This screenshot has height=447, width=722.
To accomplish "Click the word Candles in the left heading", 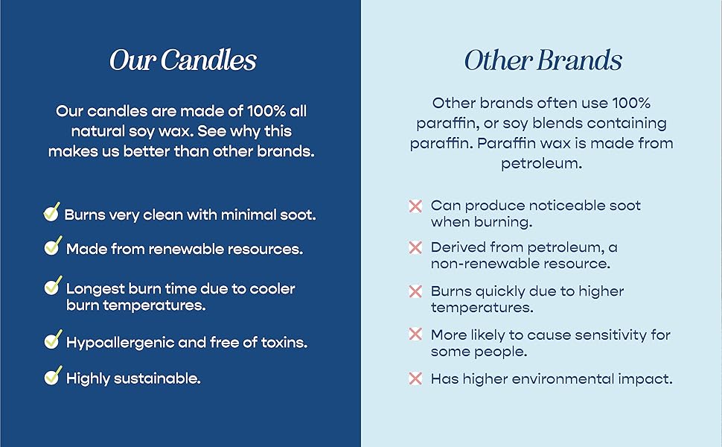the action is [208, 60].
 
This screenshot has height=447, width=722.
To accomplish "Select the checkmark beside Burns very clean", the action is [51, 212].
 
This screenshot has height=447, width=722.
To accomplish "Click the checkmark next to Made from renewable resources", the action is [53, 246].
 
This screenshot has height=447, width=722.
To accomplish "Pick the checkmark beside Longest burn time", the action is [53, 286].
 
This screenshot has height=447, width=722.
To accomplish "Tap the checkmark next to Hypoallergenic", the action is [53, 339].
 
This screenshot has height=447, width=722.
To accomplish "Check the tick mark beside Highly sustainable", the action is [53, 375].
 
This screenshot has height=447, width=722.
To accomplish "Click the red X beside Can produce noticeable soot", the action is [415, 206].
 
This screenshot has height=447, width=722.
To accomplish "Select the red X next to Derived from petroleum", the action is [415, 247].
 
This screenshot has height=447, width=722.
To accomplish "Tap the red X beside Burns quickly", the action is [415, 291].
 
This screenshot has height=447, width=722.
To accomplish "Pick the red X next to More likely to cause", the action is [415, 334].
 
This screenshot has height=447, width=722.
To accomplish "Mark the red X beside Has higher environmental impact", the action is [415, 378].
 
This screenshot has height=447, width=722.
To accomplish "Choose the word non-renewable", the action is [485, 264].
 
